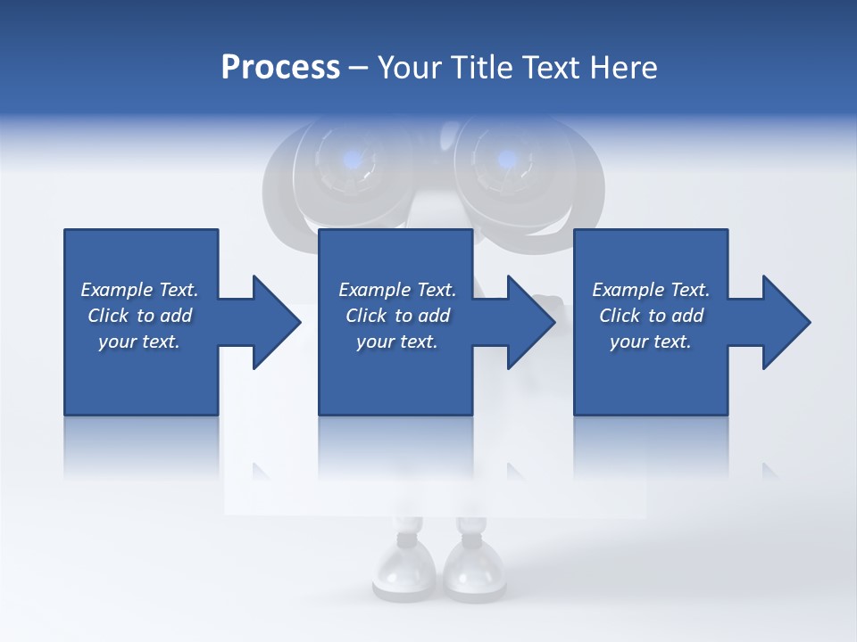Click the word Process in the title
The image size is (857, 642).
click(280, 68)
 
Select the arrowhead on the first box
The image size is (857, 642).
click(273, 322)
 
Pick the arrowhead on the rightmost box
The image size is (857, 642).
click(784, 322)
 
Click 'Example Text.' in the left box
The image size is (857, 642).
click(139, 290)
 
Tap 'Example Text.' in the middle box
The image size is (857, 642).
click(397, 290)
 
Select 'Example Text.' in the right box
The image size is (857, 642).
click(651, 290)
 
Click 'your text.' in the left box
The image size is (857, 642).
click(139, 342)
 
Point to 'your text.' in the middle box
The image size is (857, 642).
click(397, 342)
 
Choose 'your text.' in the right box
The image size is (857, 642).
click(651, 342)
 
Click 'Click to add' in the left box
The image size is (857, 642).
click(139, 316)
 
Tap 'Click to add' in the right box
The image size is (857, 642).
click(651, 316)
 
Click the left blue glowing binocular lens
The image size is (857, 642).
click(354, 160)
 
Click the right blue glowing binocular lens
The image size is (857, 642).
click(506, 160)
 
